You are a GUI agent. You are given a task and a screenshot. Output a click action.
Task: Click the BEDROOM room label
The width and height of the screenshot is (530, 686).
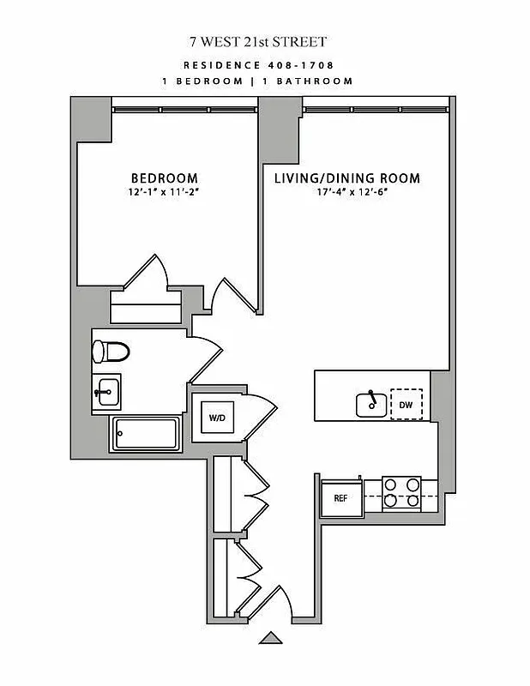coord(166,178)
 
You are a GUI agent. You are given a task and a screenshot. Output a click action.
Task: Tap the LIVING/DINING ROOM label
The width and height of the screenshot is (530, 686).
coord(346,178)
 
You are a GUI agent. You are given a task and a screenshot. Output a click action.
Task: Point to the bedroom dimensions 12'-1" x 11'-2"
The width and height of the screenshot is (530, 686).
coord(166,193)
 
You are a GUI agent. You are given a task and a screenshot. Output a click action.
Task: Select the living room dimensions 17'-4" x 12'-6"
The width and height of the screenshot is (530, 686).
coord(346,193)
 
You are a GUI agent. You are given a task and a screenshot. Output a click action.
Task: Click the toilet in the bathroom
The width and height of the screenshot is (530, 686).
coord(110,352)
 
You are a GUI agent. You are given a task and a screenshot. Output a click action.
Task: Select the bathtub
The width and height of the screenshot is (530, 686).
coord(145,434)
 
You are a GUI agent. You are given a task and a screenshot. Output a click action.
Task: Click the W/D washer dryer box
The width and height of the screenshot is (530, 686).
coord(218,418)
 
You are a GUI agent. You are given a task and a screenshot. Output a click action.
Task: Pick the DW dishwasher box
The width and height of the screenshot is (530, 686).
coord(407,404)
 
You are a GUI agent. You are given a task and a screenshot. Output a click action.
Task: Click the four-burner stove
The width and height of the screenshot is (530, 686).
coord(401,491)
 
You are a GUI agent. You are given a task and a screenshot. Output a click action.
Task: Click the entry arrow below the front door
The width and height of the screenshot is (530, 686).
coord(271,637)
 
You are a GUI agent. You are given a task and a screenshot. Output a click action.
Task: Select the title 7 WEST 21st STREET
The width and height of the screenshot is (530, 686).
coord(258,40)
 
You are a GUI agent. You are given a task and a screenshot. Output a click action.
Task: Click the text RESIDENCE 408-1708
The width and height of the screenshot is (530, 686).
coord(258,64)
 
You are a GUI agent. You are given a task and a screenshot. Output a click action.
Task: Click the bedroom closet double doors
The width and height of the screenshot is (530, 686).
coord(147,273)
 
